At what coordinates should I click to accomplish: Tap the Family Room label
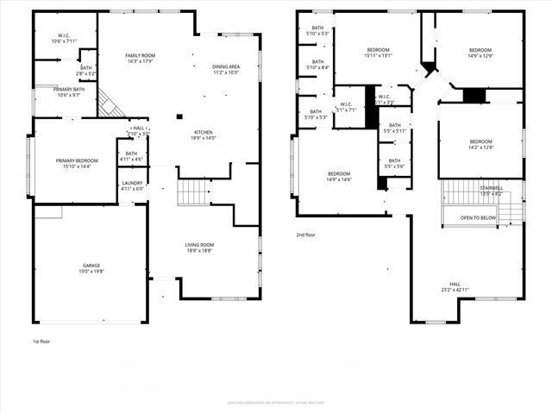[x=140, y=58]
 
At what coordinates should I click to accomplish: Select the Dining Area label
[x=225, y=69]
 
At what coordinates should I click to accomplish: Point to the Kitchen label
[x=203, y=135]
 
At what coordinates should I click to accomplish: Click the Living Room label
[x=199, y=248]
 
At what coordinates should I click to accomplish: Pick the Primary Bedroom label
[x=77, y=164]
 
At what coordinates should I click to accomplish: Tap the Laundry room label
[x=132, y=185]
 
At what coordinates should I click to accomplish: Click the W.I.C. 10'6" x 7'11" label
[x=64, y=38]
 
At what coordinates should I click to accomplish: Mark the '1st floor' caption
[x=41, y=342]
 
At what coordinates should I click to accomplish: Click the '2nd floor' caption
[x=306, y=234]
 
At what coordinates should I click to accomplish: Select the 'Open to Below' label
[x=478, y=217]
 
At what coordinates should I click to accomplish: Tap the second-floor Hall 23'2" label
[x=455, y=286]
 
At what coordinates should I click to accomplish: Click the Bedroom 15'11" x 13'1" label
[x=378, y=53]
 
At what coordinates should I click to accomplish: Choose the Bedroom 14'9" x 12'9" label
[x=479, y=53]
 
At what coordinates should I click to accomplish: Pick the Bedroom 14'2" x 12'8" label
[x=480, y=144]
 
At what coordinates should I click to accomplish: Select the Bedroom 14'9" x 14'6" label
[x=338, y=177]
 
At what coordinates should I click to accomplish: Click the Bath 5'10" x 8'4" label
[x=317, y=65]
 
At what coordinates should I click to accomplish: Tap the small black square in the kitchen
[x=179, y=116]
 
